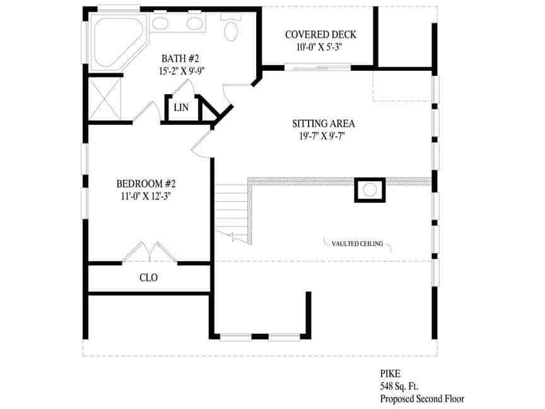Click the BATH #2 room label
pyautogui.click(x=180, y=59)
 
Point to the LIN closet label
pyautogui.click(x=181, y=108)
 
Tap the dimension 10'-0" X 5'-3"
pyautogui.click(x=319, y=47)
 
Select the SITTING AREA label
pyautogui.click(x=323, y=123)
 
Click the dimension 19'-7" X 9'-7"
pyautogui.click(x=324, y=136)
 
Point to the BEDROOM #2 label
pyautogui.click(x=146, y=184)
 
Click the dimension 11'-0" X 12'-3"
pyautogui.click(x=145, y=196)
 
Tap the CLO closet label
pyautogui.click(x=148, y=278)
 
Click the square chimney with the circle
pyautogui.click(x=370, y=189)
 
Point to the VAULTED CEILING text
pyautogui.click(x=357, y=244)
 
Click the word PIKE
pyautogui.click(x=390, y=374)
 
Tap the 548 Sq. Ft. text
pyautogui.click(x=399, y=386)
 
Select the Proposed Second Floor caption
pyautogui.click(x=421, y=399)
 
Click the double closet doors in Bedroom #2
pyautogui.click(x=149, y=252)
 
